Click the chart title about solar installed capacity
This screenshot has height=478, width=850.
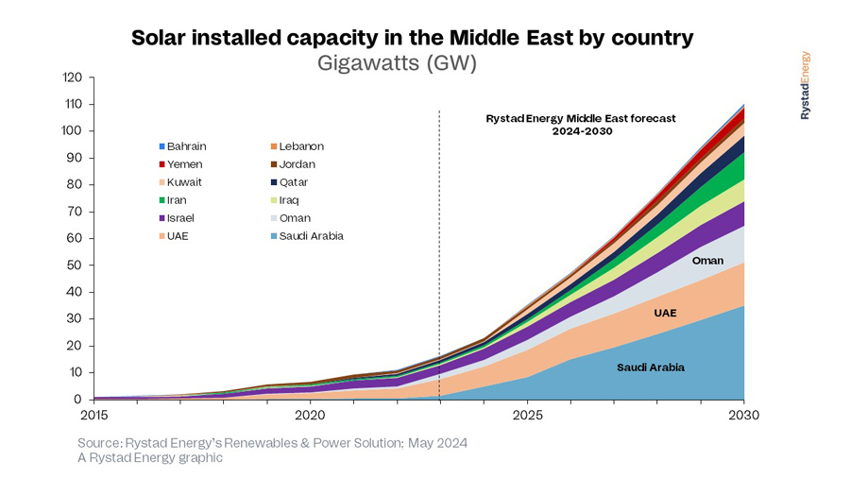[x=413, y=39]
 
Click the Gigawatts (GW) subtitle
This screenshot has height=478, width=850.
[x=413, y=63]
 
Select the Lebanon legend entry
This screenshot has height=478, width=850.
[x=301, y=146]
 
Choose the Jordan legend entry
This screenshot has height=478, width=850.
[x=297, y=164]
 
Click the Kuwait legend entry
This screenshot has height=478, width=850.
[x=184, y=182]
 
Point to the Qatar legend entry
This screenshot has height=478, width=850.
[x=294, y=182]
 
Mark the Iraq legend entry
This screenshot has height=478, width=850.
[x=290, y=200]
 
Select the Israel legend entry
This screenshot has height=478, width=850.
[x=181, y=218]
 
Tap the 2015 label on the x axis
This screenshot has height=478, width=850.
[x=94, y=415]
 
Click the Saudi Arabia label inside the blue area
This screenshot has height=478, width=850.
[x=650, y=367]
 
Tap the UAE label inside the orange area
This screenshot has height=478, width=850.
[x=665, y=312]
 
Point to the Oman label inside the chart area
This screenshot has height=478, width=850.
[x=707, y=261]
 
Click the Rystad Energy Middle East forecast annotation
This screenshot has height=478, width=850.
[x=581, y=125]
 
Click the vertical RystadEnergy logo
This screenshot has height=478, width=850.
[x=805, y=85]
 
